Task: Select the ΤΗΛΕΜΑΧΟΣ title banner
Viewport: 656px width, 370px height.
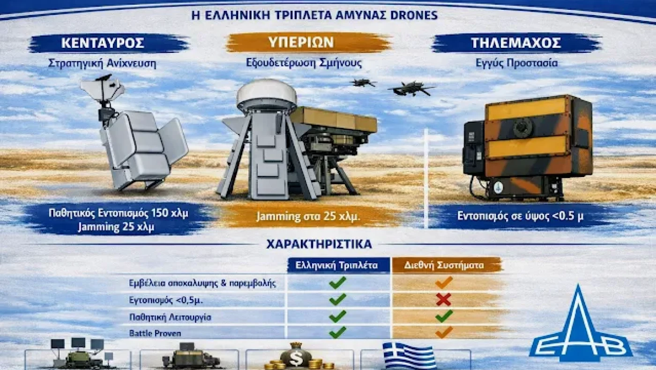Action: [x=515, y=43]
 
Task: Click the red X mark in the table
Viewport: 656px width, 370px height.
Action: [x=443, y=300]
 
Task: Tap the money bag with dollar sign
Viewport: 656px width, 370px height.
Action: [x=296, y=355]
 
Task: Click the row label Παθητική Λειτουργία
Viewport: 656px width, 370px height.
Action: [x=170, y=317]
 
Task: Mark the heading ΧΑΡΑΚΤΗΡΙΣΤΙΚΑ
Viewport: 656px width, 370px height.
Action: [x=319, y=244]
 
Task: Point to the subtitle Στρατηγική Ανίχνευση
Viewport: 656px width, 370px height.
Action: [x=102, y=64]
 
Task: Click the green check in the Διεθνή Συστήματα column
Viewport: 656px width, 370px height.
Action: [x=443, y=317]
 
